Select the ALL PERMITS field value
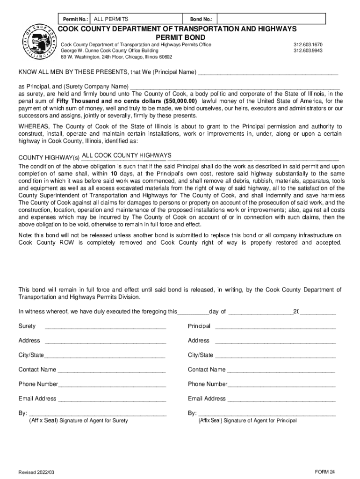pos(111,19)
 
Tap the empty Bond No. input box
pos(271,19)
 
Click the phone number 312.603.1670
pos(308,44)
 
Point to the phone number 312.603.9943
pos(308,51)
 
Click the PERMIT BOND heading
pos(180,37)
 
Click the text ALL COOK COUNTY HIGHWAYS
pos(126,155)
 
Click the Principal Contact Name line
pos(281,370)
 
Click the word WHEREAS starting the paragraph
pos(34,126)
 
